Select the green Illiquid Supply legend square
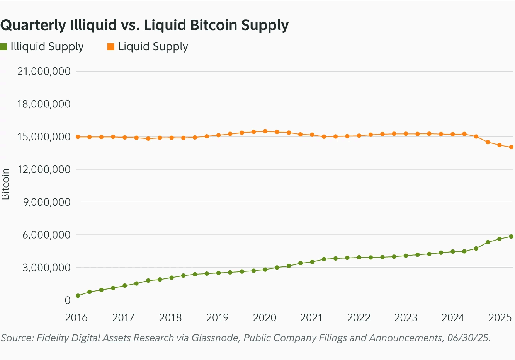point(4,47)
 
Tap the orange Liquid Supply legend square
point(111,47)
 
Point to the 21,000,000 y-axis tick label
point(44,71)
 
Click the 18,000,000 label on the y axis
point(44,104)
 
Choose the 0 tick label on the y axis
point(68,300)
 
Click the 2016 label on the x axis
point(76,318)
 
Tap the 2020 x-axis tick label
point(265,318)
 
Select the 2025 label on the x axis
point(500,318)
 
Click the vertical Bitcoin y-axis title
point(5,184)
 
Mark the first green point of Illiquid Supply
point(78,296)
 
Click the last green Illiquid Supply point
point(511,237)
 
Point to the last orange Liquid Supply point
point(511,147)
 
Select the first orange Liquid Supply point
point(78,137)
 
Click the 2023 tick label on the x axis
point(406,318)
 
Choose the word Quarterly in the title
point(33,25)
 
